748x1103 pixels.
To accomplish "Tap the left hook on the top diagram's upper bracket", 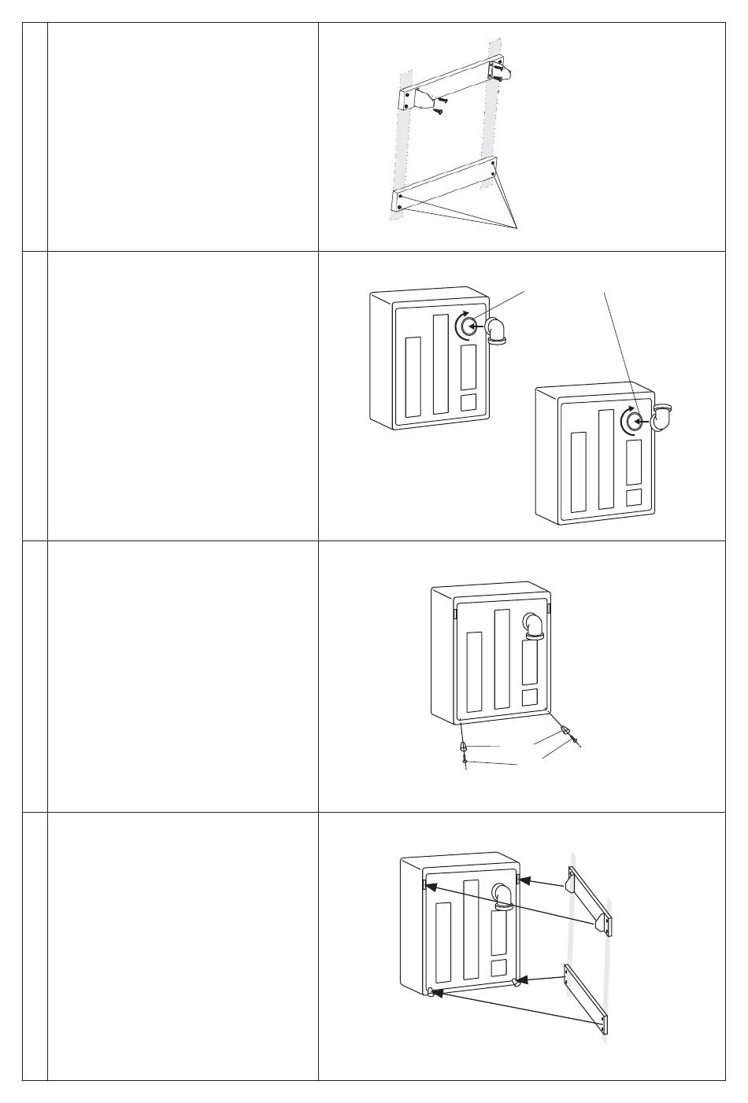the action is click(422, 100).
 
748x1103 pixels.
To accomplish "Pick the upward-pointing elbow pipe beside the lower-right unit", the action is click(665, 420).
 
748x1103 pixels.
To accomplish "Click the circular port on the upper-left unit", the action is click(467, 325).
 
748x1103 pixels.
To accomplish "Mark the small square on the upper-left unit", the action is click(468, 402).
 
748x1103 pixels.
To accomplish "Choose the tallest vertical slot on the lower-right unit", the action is click(606, 459).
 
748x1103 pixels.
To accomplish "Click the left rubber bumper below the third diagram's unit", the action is click(464, 745).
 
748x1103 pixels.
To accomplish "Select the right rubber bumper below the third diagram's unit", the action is click(566, 731).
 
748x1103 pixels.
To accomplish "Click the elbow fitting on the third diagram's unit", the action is click(535, 625).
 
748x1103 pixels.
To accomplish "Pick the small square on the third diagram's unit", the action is click(531, 697).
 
